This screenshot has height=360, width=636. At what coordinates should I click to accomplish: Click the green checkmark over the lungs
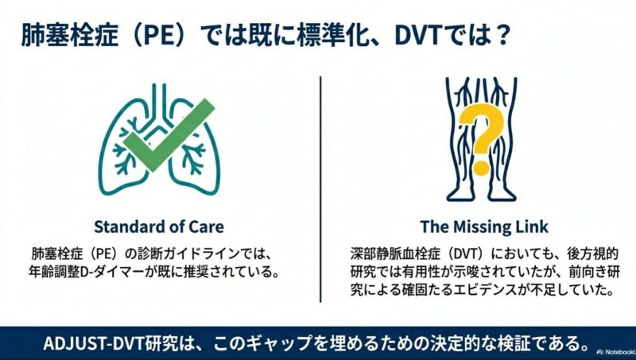point(169,134)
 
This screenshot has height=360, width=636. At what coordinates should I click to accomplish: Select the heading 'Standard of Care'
point(159,226)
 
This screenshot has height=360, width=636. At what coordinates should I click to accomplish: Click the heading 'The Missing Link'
point(484,226)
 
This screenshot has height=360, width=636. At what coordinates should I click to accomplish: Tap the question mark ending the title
point(502,36)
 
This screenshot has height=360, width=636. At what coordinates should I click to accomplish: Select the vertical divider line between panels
point(320,189)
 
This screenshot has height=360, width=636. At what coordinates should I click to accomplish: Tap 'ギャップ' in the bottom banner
point(271,344)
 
